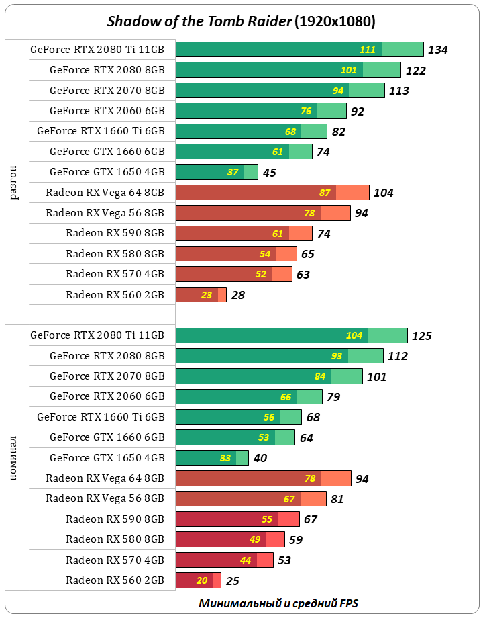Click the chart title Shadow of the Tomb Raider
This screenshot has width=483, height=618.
tap(199, 21)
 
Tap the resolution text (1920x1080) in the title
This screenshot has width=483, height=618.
tap(335, 21)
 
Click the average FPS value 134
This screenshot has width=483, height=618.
tap(438, 50)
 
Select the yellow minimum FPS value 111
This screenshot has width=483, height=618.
tap(367, 50)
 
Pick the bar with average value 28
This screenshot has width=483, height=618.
tap(201, 295)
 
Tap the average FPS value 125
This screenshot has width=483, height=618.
tap(422, 336)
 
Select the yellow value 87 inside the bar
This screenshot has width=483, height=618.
tap(325, 193)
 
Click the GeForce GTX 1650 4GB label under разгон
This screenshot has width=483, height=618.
tap(107, 172)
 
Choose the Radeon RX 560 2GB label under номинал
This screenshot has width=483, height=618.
tap(115, 580)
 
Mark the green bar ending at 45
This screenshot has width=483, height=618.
tap(216, 172)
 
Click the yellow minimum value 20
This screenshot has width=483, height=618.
tap(202, 581)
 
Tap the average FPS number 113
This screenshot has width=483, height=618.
tap(399, 91)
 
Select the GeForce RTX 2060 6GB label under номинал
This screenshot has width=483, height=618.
tap(107, 396)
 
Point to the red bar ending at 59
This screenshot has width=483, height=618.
tap(229, 540)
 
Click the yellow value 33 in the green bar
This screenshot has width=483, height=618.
tap(225, 458)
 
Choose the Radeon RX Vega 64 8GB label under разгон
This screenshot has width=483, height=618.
tap(105, 193)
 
